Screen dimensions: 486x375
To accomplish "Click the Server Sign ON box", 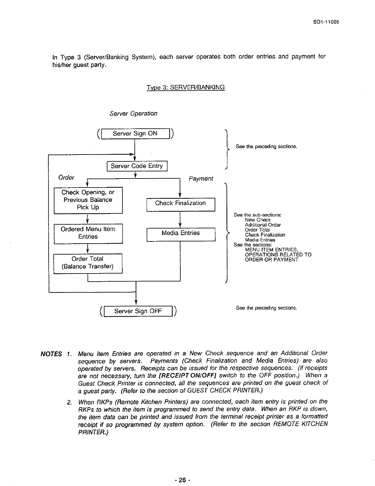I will pyautogui.click(x=135, y=134).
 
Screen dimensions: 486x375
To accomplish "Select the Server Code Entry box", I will pyautogui.click(x=137, y=166).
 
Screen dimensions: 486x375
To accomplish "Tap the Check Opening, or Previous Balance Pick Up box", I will pyautogui.click(x=88, y=200).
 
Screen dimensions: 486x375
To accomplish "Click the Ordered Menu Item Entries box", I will pyautogui.click(x=88, y=233).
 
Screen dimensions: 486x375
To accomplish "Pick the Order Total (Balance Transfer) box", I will pyautogui.click(x=88, y=263).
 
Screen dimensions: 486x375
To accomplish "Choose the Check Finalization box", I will pyautogui.click(x=181, y=203).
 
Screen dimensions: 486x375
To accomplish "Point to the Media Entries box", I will pyautogui.click(x=181, y=233).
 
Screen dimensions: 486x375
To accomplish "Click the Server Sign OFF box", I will pyautogui.click(x=138, y=311).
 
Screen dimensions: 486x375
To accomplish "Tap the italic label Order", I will pyautogui.click(x=66, y=178).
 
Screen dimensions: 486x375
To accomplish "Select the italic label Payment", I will pyautogui.click(x=201, y=179).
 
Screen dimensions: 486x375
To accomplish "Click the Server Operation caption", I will pyautogui.click(x=134, y=114).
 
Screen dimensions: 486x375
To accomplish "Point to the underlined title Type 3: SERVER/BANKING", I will pyautogui.click(x=185, y=87).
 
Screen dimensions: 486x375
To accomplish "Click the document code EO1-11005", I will pyautogui.click(x=326, y=22).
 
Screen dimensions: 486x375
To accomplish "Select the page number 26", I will pyautogui.click(x=183, y=480).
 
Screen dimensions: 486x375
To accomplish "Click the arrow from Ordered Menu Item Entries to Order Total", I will pyautogui.click(x=88, y=249).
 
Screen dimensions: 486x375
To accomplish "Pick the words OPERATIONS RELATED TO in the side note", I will pyautogui.click(x=278, y=255).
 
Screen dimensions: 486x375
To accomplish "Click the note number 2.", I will pyautogui.click(x=69, y=402).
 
